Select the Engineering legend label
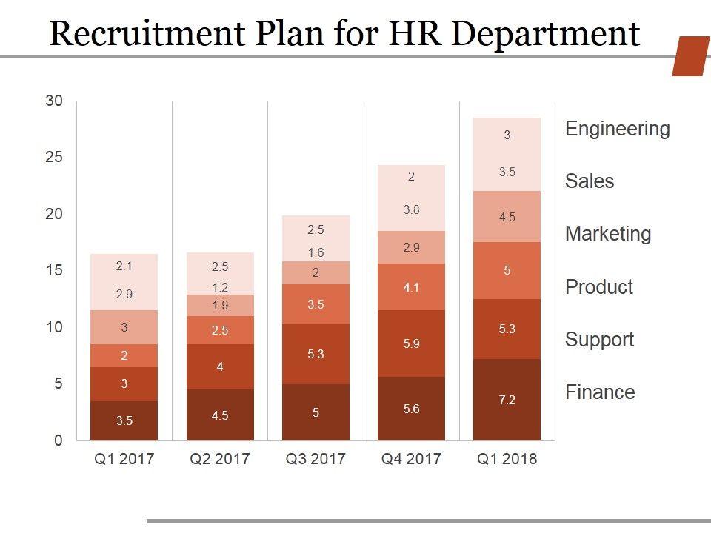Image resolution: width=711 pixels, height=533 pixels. tap(617, 129)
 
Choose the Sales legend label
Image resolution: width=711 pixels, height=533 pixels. tap(590, 181)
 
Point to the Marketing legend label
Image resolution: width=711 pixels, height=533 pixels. tap(608, 234)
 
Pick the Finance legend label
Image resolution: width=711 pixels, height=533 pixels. tap(600, 392)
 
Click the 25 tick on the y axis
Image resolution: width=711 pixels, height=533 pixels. tap(55, 157)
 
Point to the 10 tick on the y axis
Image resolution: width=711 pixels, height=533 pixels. tap(55, 327)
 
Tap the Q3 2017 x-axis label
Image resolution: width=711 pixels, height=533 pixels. tap(316, 459)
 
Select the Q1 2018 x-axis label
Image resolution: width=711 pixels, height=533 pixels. tap(507, 459)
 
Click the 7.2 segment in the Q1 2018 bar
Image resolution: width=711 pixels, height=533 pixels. tap(507, 400)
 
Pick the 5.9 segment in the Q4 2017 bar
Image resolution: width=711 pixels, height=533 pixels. tap(412, 343)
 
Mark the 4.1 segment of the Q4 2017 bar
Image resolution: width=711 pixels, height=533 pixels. tap(412, 287)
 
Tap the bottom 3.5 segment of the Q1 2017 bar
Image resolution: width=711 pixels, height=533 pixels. tap(124, 420)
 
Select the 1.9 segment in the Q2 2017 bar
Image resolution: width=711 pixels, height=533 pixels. tap(220, 305)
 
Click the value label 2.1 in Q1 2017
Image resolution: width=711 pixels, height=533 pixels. tap(124, 266)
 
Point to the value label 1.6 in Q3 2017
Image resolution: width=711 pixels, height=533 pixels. tap(316, 253)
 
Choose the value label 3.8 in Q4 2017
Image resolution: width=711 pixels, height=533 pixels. tap(412, 209)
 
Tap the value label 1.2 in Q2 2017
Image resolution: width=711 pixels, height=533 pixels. tap(220, 287)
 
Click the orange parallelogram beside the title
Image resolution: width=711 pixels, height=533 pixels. tap(690, 56)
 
